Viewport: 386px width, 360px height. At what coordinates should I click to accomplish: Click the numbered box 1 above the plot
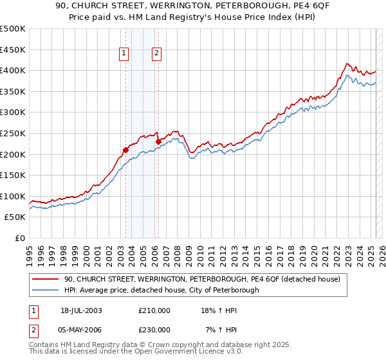click(124, 54)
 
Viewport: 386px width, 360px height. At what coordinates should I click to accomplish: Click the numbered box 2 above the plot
click(156, 54)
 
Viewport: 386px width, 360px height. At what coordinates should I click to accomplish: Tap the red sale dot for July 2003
click(126, 150)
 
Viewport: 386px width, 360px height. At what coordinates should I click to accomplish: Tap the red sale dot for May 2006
click(158, 141)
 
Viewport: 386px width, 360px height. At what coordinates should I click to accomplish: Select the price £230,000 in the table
click(154, 329)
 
